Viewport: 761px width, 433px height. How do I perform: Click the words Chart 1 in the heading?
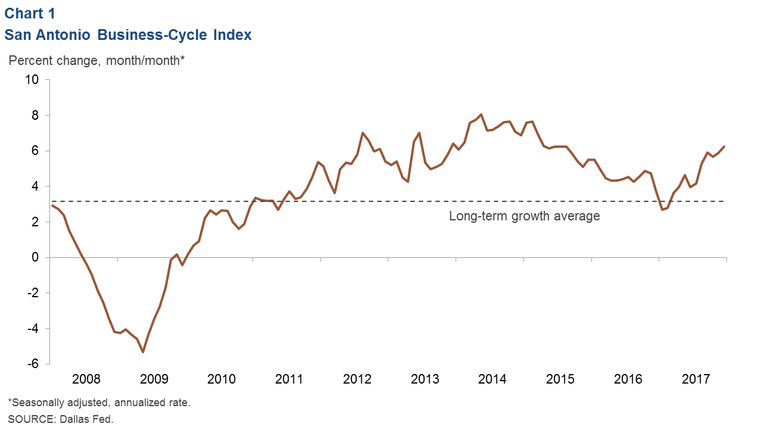30,13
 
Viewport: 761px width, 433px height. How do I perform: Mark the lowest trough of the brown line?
143,352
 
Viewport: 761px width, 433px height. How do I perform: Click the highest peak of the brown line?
481,114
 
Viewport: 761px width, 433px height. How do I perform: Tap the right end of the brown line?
724,147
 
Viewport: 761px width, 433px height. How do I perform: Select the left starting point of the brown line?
52,205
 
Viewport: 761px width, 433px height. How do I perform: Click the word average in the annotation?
577,216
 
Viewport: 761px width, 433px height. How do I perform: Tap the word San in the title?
16,35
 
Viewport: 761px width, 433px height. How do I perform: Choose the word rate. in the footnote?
179,403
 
